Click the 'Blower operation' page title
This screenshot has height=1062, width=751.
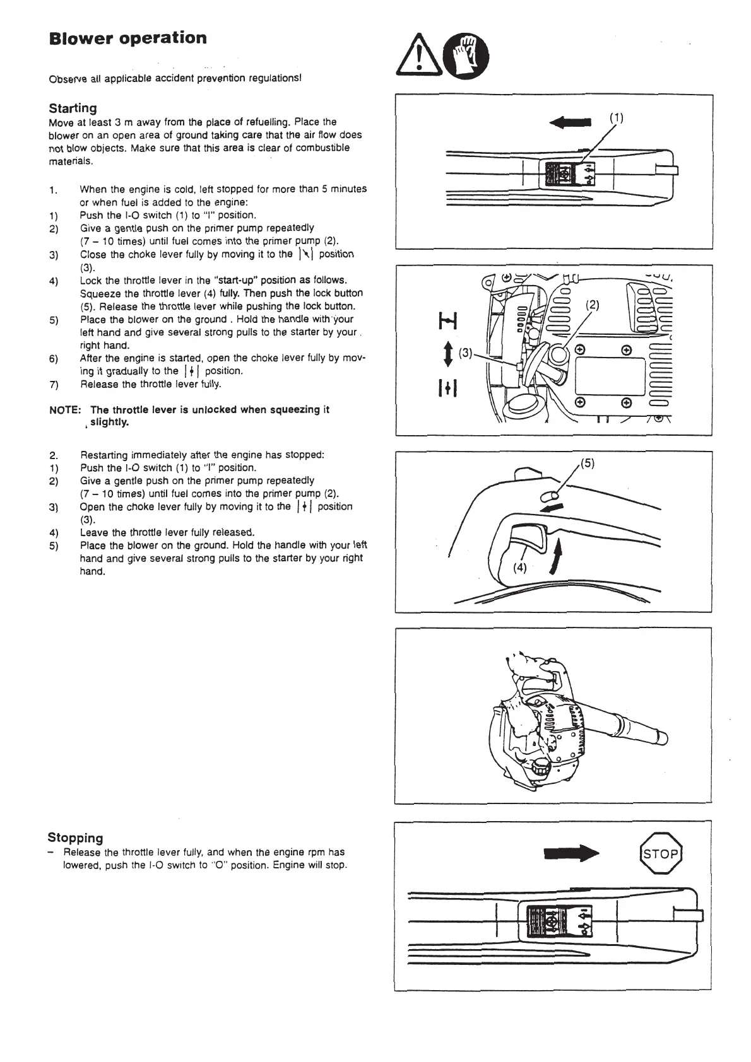coord(127,38)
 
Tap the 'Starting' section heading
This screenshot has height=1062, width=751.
coord(73,108)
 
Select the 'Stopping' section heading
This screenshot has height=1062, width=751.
coord(75,837)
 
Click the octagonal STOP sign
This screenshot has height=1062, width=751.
coord(661,854)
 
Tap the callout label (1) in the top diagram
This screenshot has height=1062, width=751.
coord(616,117)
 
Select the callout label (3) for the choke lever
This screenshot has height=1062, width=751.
coord(466,353)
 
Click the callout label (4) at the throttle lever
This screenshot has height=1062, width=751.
coord(519,567)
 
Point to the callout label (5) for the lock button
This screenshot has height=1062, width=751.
coord(587,463)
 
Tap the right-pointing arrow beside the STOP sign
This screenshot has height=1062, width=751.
coord(571,854)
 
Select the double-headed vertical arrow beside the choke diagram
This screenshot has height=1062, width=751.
coord(447,354)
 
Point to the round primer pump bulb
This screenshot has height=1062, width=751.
coord(557,356)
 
